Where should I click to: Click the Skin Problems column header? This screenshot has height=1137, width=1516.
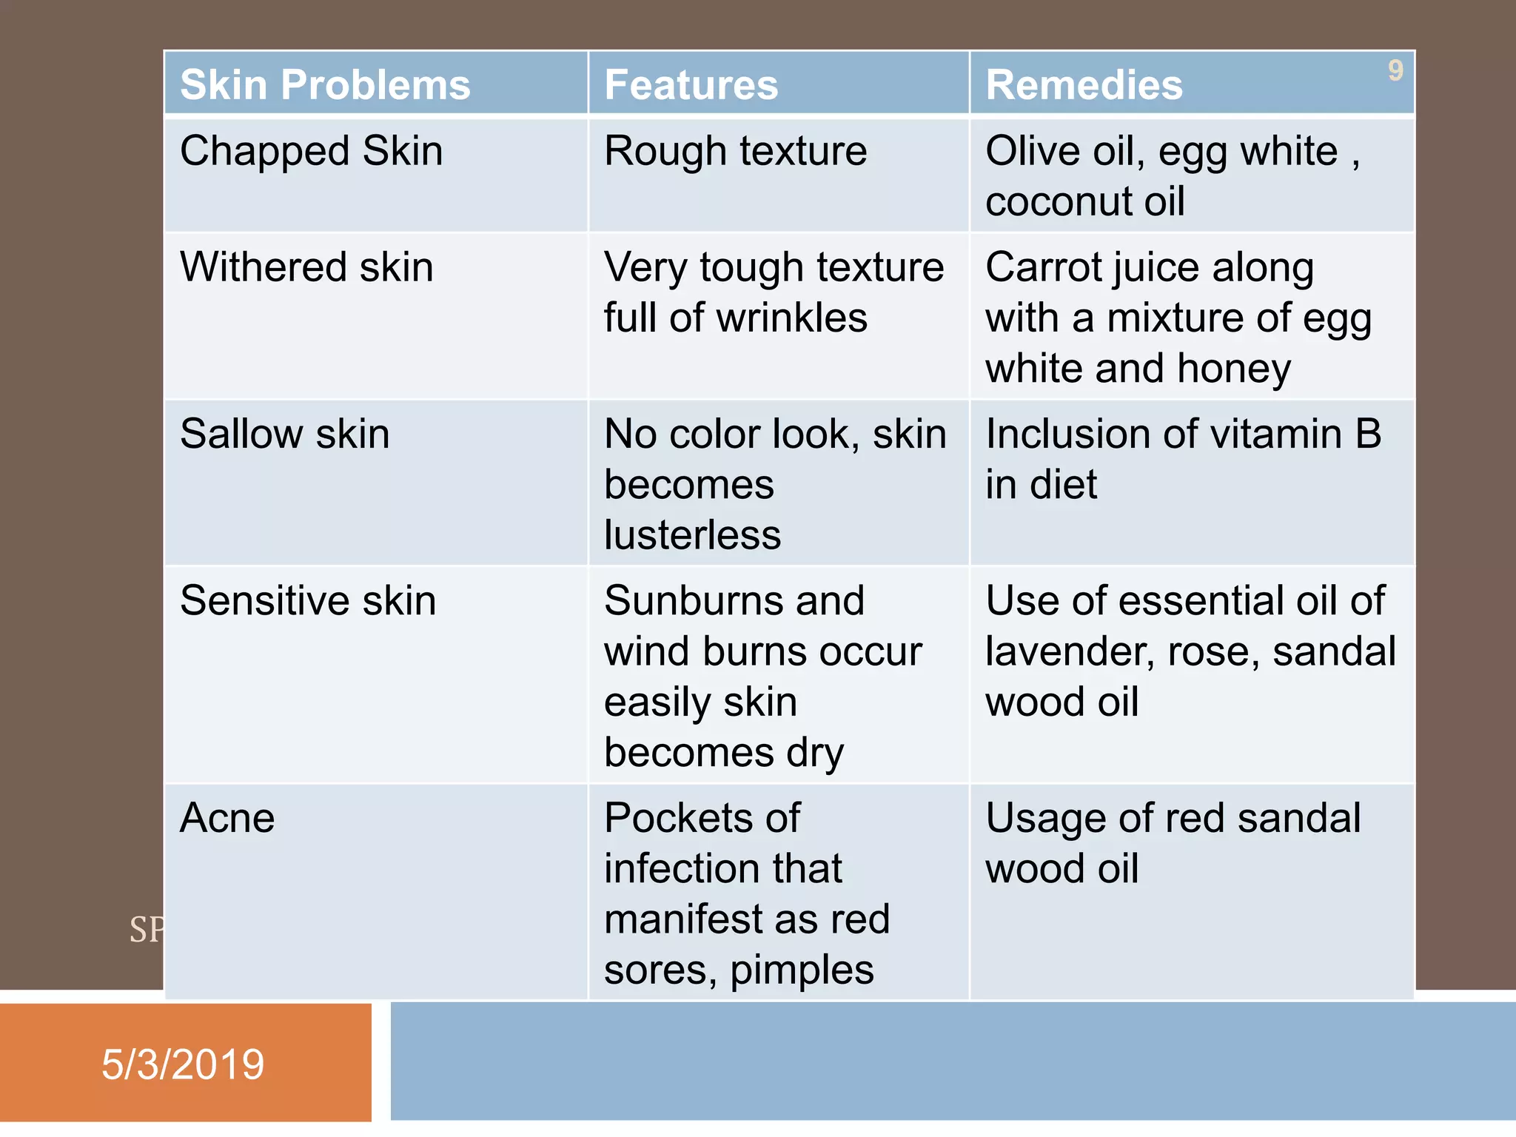coord(325,84)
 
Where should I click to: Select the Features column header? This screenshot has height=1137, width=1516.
coord(691,84)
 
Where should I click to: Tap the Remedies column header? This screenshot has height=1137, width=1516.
coord(1084,84)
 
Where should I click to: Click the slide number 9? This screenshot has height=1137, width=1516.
coord(1395,71)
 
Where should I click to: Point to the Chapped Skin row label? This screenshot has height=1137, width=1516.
coord(311,152)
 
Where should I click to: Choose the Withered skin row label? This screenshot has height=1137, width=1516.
coord(306,267)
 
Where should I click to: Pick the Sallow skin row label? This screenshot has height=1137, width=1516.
coord(284,434)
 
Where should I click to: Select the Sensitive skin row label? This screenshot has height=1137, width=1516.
coord(307,600)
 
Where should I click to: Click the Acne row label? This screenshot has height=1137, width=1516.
coord(227,818)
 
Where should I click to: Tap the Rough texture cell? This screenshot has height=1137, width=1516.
coord(735,152)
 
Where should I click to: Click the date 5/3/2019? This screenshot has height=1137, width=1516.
coord(183,1064)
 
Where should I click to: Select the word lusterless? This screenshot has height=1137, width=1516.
coord(692,535)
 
